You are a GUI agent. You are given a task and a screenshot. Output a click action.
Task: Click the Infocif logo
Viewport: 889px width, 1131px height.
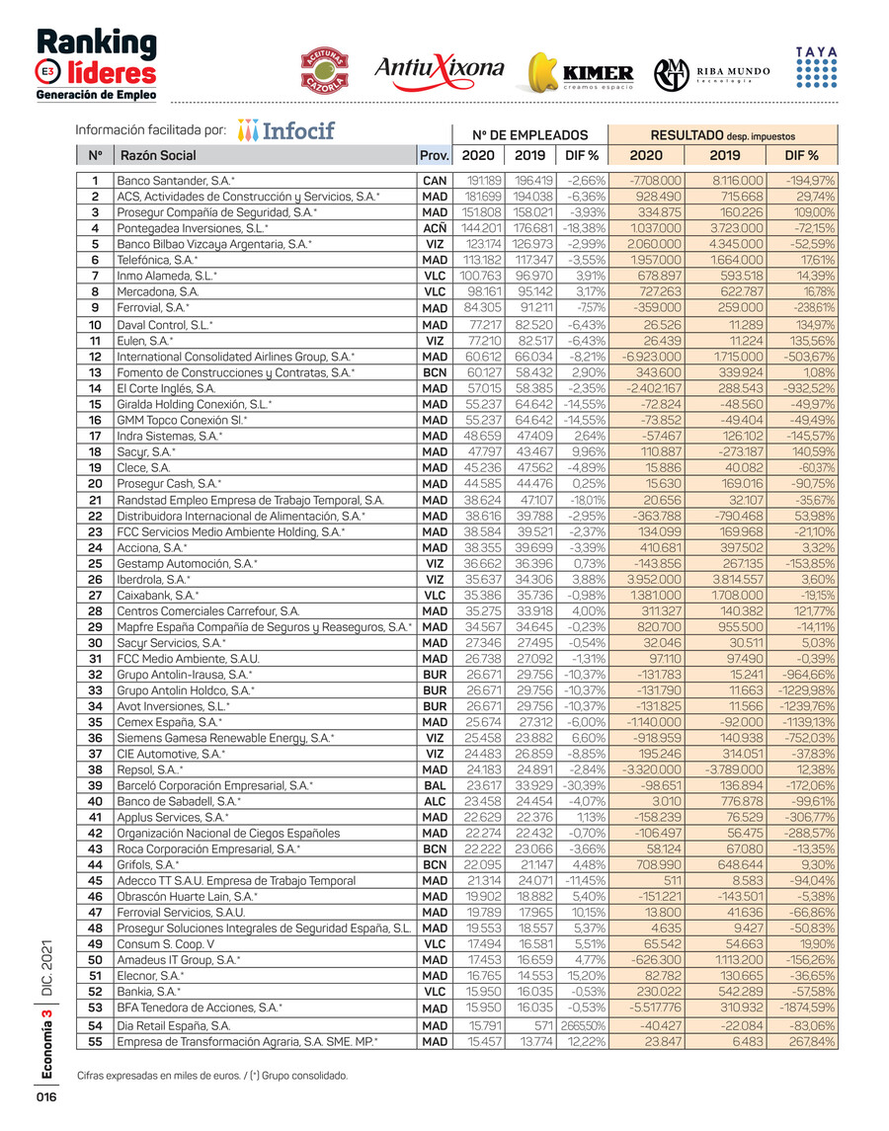click(x=286, y=130)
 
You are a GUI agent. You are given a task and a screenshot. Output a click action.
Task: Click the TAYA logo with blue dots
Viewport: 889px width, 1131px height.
click(x=816, y=67)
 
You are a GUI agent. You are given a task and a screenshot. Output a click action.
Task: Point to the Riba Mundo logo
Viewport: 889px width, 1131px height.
click(x=711, y=73)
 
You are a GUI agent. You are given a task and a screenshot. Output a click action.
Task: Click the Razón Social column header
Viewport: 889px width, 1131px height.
click(x=158, y=155)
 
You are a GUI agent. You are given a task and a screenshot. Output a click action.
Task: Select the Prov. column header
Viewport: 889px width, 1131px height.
click(x=435, y=155)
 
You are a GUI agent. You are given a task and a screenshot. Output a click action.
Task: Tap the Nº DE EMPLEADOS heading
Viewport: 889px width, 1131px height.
click(x=529, y=135)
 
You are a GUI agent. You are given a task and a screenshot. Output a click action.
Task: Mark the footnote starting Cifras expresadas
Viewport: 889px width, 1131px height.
click(x=211, y=1075)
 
